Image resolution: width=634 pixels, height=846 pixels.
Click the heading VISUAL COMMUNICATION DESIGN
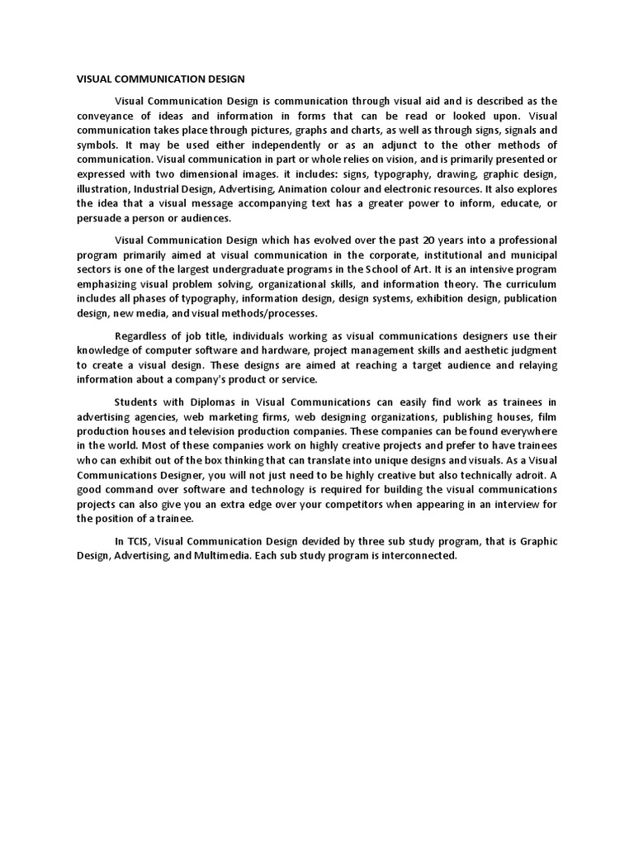tap(161, 80)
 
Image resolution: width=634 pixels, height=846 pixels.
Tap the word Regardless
tap(142, 335)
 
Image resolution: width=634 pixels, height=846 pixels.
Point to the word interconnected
tap(414, 556)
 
